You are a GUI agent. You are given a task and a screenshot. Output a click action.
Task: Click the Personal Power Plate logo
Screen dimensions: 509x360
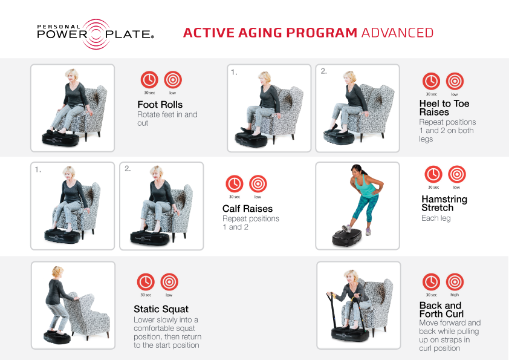pyautogui.click(x=96, y=34)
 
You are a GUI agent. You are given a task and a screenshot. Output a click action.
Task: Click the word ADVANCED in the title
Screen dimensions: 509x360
pyautogui.click(x=397, y=33)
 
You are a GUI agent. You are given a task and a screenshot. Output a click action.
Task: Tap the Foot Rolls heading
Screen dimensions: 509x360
pyautogui.click(x=160, y=105)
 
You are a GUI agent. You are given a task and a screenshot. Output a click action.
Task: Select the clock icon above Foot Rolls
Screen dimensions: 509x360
pyautogui.click(x=149, y=80)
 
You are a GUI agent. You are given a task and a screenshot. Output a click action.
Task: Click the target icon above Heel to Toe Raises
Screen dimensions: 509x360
pyautogui.click(x=455, y=81)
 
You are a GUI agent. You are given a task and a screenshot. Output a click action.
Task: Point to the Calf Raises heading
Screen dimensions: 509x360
pyautogui.click(x=247, y=209)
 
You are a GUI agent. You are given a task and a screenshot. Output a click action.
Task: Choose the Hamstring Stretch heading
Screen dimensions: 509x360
pyautogui.click(x=444, y=203)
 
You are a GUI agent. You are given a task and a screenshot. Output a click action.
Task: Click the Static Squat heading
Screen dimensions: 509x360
pyautogui.click(x=161, y=309)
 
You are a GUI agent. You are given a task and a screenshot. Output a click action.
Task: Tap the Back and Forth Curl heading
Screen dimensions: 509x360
pyautogui.click(x=441, y=310)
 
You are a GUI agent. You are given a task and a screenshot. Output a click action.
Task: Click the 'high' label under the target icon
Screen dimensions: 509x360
pyautogui.click(x=455, y=295)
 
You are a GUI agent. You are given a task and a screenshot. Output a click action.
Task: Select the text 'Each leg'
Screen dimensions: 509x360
pyautogui.click(x=436, y=218)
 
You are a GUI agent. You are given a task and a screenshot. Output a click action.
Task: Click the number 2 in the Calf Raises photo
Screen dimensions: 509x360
pyautogui.click(x=128, y=169)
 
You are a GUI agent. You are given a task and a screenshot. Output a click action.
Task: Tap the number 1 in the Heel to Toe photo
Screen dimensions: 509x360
pyautogui.click(x=234, y=72)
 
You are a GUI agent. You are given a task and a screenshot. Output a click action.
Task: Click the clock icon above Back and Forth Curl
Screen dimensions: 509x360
pyautogui.click(x=431, y=282)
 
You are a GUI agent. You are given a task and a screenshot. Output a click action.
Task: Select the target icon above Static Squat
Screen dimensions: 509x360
pyautogui.click(x=169, y=282)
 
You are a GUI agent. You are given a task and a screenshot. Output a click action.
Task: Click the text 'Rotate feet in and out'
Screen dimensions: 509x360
pyautogui.click(x=167, y=119)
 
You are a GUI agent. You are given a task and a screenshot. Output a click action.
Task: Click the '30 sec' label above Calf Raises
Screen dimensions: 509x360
pyautogui.click(x=235, y=197)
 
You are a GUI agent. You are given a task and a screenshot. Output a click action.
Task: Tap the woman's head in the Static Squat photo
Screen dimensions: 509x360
pyautogui.click(x=58, y=272)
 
